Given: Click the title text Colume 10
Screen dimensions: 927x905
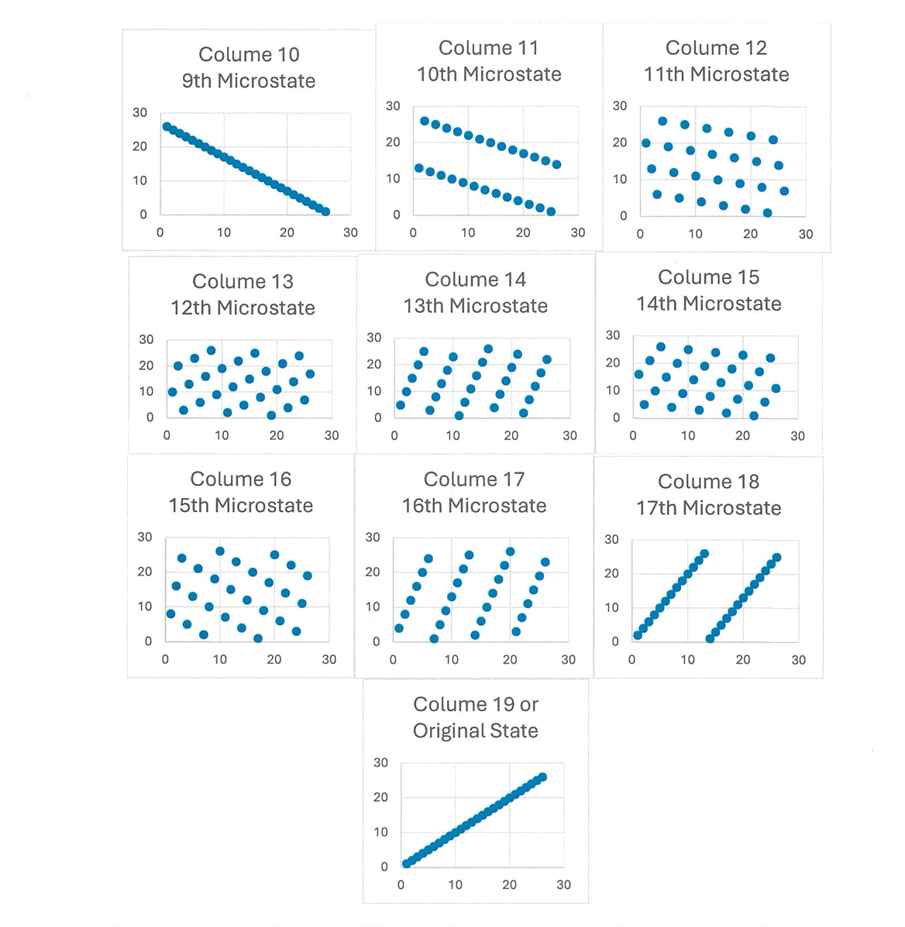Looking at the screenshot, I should (x=249, y=54).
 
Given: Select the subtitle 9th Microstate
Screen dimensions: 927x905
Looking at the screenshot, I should (x=249, y=81).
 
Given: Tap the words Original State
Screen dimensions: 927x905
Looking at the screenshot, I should (x=475, y=730).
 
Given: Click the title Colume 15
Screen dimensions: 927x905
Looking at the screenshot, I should (x=708, y=277).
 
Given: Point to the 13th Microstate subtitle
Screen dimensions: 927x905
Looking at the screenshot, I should (x=475, y=306).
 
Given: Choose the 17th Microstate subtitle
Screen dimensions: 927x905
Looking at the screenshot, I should (x=708, y=508).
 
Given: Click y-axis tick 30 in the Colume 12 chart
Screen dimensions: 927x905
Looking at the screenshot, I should (x=619, y=106).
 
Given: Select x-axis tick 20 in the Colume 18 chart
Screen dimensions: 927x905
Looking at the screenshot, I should (x=743, y=660).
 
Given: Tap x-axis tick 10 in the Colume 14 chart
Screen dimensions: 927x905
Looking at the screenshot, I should (x=452, y=435).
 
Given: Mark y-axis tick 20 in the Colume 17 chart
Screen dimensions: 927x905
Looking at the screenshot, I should (x=373, y=572).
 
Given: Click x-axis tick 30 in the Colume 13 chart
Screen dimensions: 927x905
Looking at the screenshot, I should (x=332, y=435).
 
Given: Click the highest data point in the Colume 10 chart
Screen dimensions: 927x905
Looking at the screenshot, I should (x=167, y=126).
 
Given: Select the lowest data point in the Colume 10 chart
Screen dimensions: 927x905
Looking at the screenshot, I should (x=325, y=211).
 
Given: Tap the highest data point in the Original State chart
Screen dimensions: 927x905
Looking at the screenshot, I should (x=542, y=777).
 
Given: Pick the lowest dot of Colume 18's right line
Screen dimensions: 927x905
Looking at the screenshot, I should (x=710, y=638).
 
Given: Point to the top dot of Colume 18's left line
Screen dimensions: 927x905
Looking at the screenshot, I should (x=704, y=554).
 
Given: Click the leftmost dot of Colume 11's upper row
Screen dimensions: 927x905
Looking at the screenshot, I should (x=424, y=121).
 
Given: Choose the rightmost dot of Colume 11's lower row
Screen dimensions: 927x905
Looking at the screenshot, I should (x=551, y=211).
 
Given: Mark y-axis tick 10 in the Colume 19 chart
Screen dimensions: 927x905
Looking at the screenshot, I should (x=381, y=832).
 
